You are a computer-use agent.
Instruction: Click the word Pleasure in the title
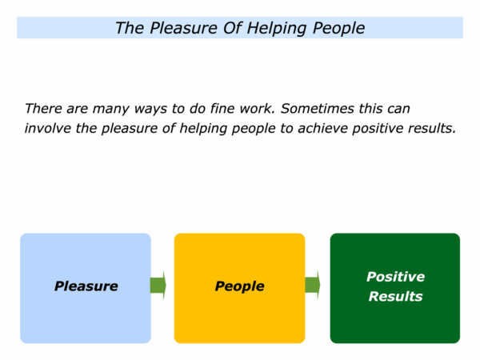pyautogui.click(x=183, y=28)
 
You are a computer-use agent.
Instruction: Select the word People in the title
pyautogui.click(x=338, y=29)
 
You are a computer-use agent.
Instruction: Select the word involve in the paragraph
pyautogui.click(x=48, y=128)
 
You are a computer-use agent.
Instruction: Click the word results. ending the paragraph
pyautogui.click(x=432, y=128)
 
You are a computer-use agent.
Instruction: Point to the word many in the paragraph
pyautogui.click(x=111, y=110)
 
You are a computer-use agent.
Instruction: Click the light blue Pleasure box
pyautogui.click(x=86, y=288)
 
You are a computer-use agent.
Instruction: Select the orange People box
pyautogui.click(x=240, y=288)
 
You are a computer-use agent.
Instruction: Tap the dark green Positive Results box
pyautogui.click(x=395, y=288)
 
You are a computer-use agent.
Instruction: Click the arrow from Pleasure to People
pyautogui.click(x=158, y=286)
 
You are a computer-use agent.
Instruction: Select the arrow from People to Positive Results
pyautogui.click(x=313, y=285)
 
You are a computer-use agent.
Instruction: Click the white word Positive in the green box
pyautogui.click(x=395, y=277)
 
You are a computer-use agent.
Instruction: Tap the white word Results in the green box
pyautogui.click(x=395, y=296)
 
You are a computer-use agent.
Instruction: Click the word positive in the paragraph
pyautogui.click(x=378, y=129)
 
